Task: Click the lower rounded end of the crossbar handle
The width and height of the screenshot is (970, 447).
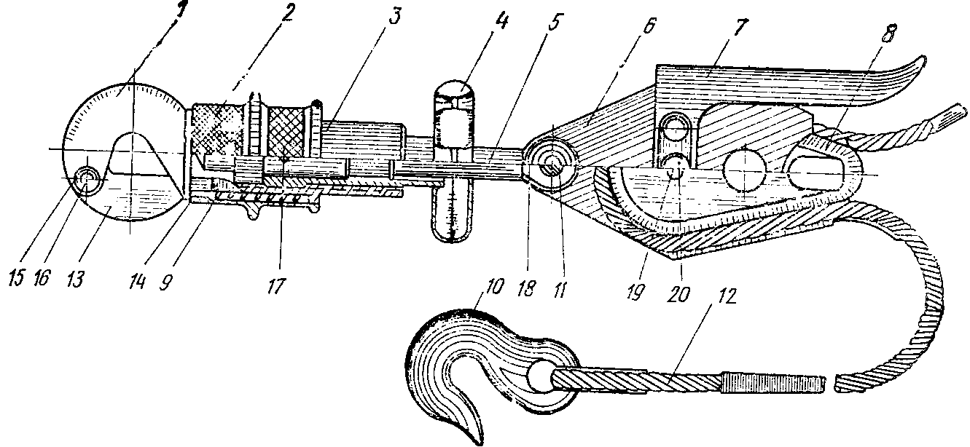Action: coord(452,233)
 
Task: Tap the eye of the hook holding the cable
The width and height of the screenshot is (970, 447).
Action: coord(544,376)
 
